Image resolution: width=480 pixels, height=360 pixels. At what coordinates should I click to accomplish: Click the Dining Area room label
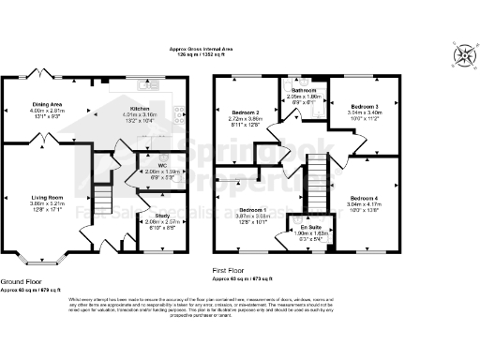(x=47, y=104)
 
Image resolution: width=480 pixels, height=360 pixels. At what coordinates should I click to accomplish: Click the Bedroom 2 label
(x=243, y=112)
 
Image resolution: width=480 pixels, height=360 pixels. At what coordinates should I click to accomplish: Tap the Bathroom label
(x=304, y=90)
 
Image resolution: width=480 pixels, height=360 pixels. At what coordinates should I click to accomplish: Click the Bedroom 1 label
(x=252, y=209)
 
